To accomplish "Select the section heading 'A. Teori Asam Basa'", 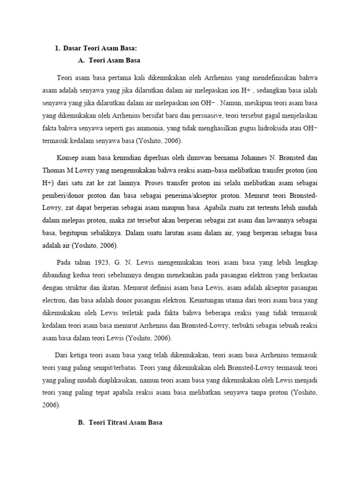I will [109, 60].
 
